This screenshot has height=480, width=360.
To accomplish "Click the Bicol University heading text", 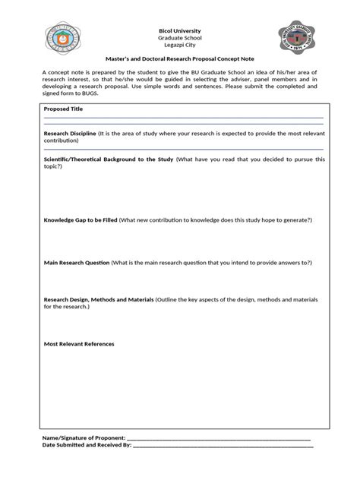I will [x=179, y=30].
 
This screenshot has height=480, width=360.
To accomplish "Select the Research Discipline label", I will [x=70, y=133].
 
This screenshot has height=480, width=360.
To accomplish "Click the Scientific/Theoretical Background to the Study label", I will [x=109, y=159].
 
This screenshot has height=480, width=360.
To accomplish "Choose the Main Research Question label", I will [x=77, y=263].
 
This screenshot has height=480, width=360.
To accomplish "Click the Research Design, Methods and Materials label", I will [x=99, y=300].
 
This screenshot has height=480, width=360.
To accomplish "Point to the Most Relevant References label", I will [x=79, y=344].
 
